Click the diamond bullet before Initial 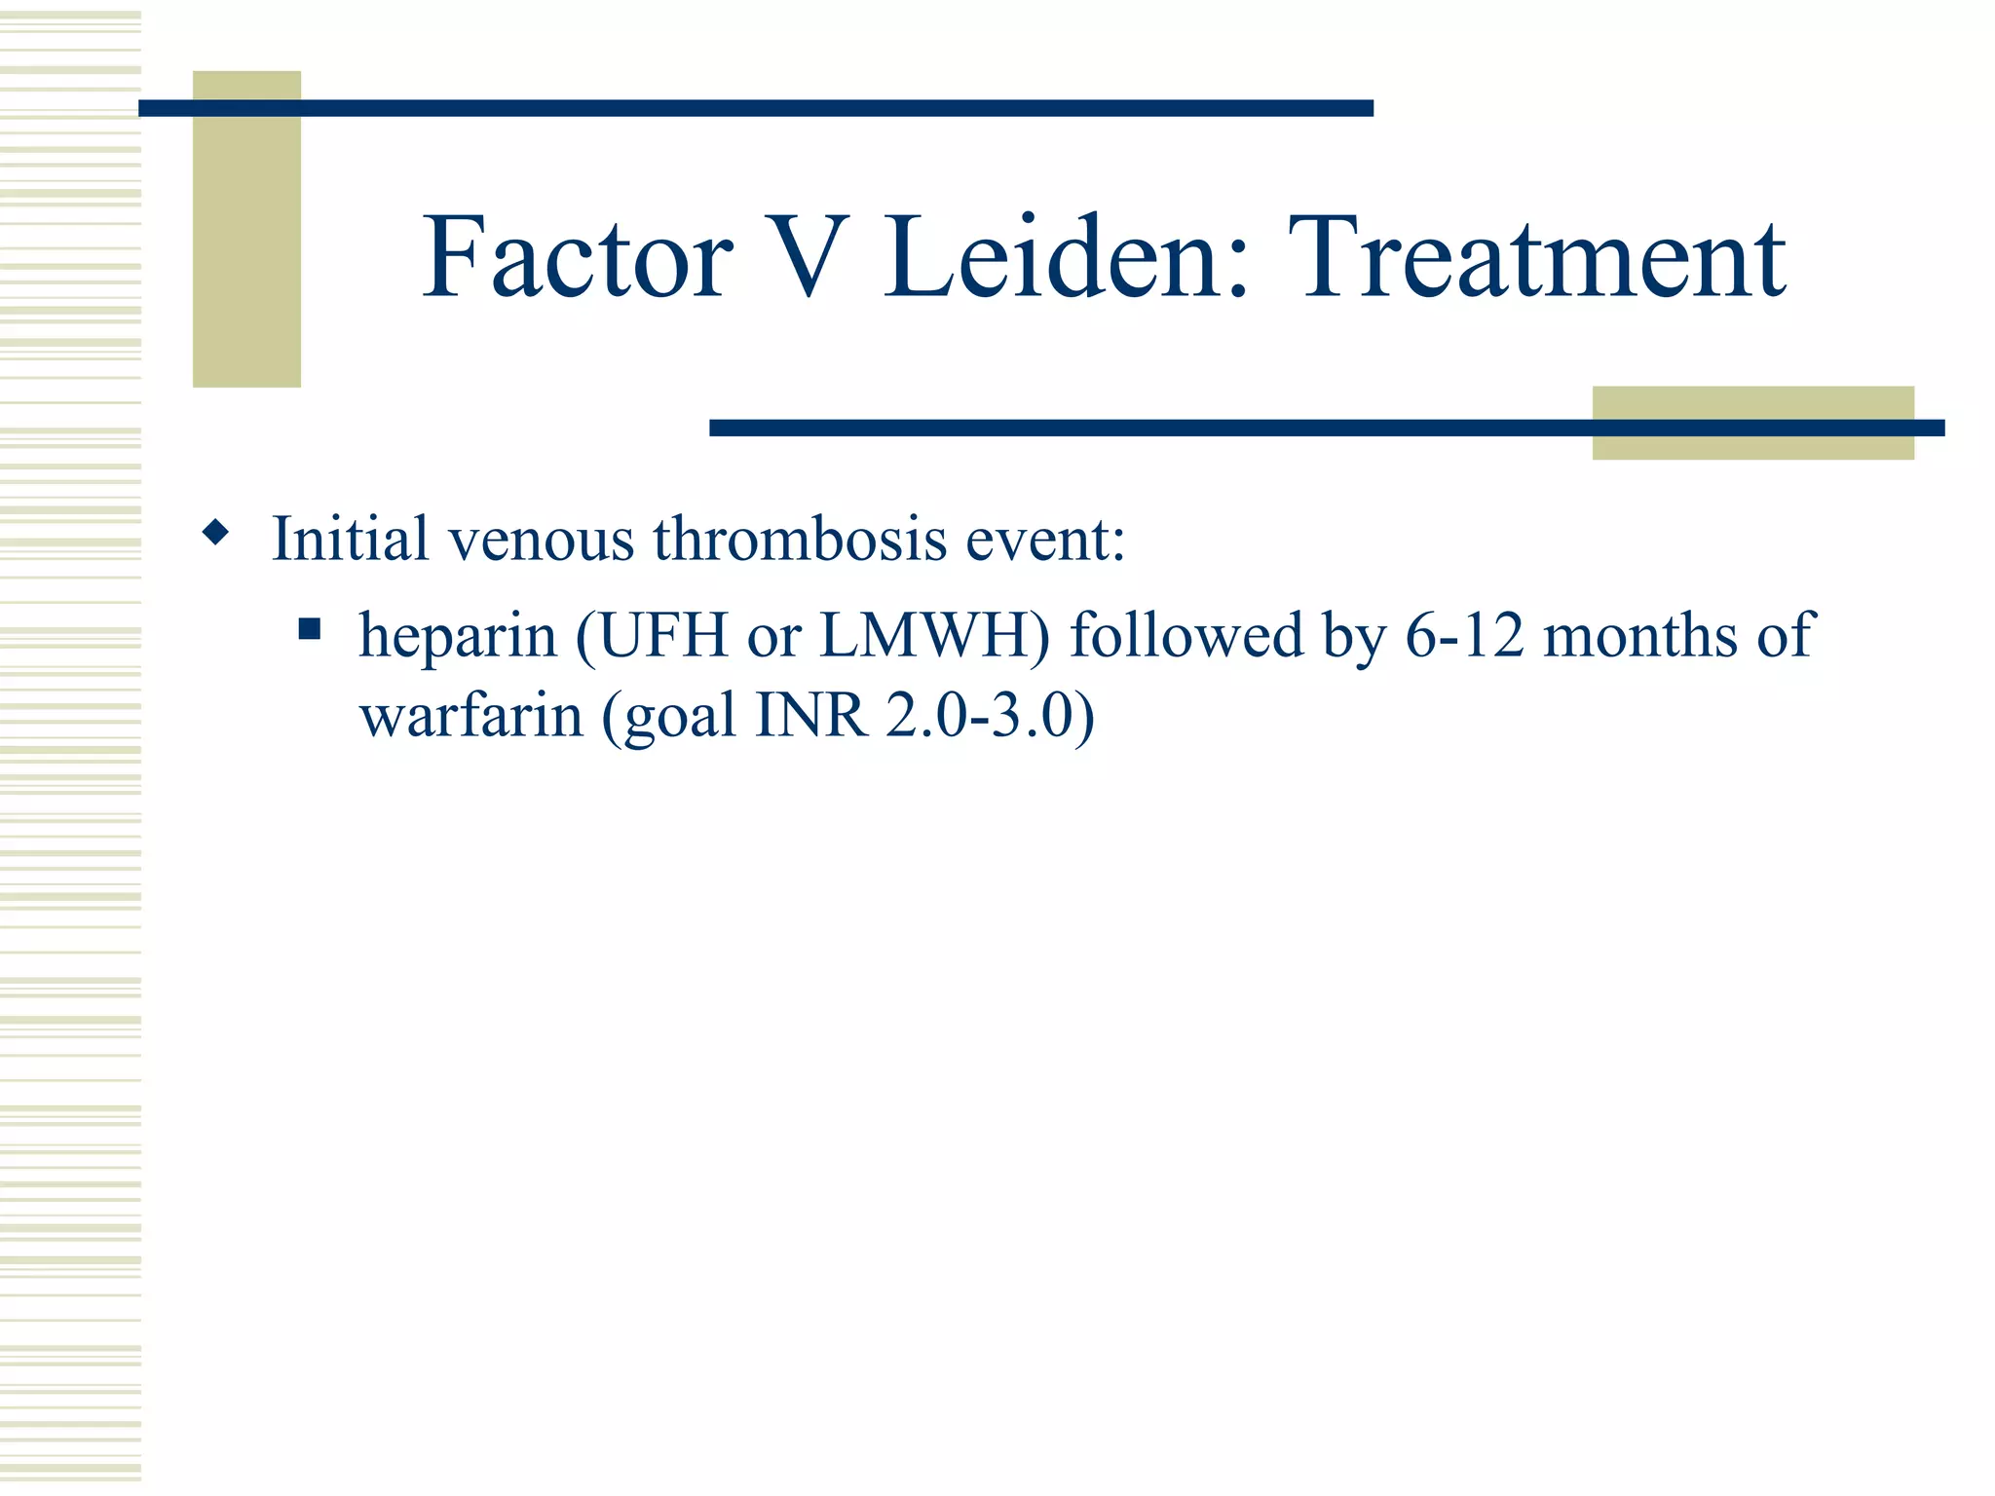216,533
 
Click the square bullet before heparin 310,629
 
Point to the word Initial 350,538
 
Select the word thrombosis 800,538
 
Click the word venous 541,540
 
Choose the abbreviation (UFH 653,635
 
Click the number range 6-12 1464,635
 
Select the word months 1640,635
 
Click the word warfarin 471,716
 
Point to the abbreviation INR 811,716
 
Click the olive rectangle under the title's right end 1752,444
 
